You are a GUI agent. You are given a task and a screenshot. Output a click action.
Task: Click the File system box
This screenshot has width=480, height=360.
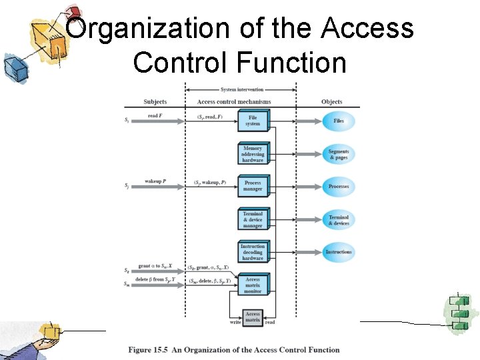pos(253,121)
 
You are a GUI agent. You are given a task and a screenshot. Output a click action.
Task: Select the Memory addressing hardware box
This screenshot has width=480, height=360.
pos(253,154)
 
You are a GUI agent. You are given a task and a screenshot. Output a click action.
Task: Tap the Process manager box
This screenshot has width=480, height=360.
pos(253,186)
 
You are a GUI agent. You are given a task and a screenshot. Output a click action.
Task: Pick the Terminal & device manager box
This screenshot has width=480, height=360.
pos(253,220)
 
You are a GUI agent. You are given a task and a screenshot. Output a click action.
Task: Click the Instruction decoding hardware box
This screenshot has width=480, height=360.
pos(253,252)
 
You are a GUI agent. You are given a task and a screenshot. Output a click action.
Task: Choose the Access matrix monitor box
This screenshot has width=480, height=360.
pos(253,285)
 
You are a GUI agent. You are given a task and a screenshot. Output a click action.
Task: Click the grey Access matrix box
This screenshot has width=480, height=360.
pos(253,317)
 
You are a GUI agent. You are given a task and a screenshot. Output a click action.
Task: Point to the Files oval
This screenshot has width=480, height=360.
pos(339,121)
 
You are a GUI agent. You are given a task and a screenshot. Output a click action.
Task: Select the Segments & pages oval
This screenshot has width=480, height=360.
pos(339,154)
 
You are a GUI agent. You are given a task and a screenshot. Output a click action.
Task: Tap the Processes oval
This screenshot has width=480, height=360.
pos(339,187)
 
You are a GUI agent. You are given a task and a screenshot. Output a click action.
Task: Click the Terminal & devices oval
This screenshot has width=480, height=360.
pos(339,220)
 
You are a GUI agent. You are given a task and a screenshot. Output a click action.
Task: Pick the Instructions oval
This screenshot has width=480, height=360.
pos(339,252)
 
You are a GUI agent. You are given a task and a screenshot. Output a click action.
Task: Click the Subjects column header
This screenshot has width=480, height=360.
pos(155,102)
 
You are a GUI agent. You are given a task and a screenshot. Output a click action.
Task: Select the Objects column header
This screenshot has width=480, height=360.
pos(331,102)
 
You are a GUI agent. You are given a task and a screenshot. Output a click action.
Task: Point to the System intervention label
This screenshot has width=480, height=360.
pos(241,89)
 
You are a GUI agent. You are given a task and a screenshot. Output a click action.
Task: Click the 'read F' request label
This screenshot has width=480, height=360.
pos(154,116)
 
